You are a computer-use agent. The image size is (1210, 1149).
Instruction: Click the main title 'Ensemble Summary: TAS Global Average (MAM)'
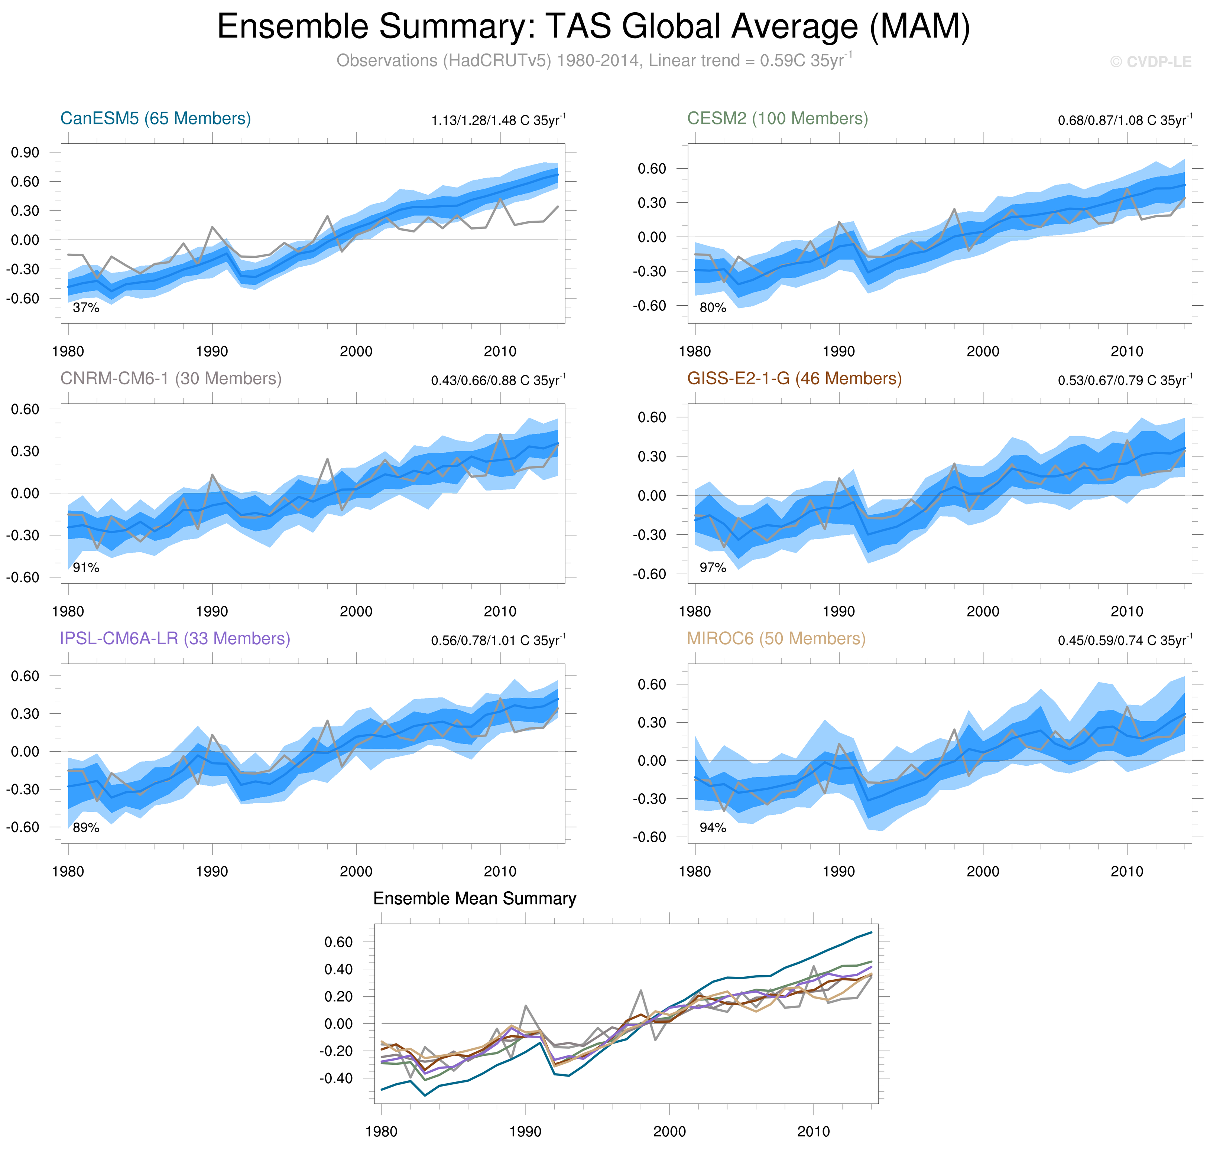click(593, 27)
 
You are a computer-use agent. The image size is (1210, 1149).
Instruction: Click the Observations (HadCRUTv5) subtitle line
click(593, 61)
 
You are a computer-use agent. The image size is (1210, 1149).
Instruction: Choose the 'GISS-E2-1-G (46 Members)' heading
click(794, 378)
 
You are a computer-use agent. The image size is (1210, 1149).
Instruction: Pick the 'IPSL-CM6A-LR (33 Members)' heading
click(175, 638)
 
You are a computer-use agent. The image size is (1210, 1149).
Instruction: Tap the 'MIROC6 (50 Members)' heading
click(776, 638)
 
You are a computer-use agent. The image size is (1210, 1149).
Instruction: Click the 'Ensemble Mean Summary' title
click(474, 898)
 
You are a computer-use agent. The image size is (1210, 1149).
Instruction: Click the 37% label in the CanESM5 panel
click(86, 307)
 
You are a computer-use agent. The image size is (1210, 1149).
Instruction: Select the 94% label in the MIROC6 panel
click(713, 827)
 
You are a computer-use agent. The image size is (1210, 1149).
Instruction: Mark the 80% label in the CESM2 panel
click(713, 307)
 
